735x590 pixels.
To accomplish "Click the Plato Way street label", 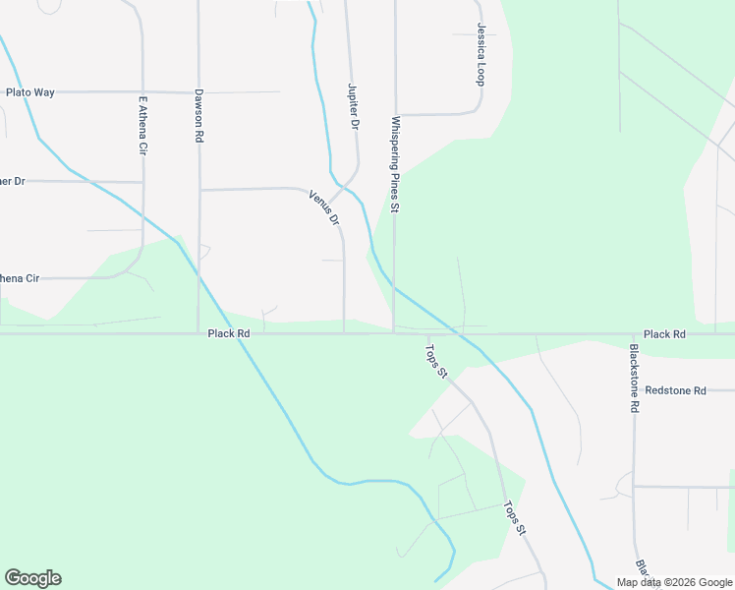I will (30, 92).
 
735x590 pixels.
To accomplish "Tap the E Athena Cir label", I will (143, 125).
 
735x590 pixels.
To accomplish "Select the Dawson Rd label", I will (198, 117).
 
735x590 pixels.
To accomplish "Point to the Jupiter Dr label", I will (353, 106).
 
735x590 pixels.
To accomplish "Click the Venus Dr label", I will (324, 206).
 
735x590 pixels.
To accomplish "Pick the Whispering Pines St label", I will (395, 165).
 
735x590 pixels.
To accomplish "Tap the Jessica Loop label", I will (481, 55).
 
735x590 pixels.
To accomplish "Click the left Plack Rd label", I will (229, 334).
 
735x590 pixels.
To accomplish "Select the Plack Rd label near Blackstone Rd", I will (665, 334).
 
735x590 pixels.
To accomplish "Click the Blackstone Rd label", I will (635, 378).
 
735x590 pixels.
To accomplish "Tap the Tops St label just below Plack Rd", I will (435, 360).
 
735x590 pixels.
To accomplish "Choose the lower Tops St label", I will (515, 518).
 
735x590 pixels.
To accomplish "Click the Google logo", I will (32, 578).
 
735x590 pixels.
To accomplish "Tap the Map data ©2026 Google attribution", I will (674, 582).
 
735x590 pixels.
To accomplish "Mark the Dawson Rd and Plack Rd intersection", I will (199, 334).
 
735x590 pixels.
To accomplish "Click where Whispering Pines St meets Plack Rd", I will (394, 333).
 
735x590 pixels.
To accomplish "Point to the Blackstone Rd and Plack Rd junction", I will (631, 334).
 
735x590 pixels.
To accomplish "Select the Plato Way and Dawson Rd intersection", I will (199, 92).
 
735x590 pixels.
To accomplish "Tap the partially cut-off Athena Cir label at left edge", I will (20, 278).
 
